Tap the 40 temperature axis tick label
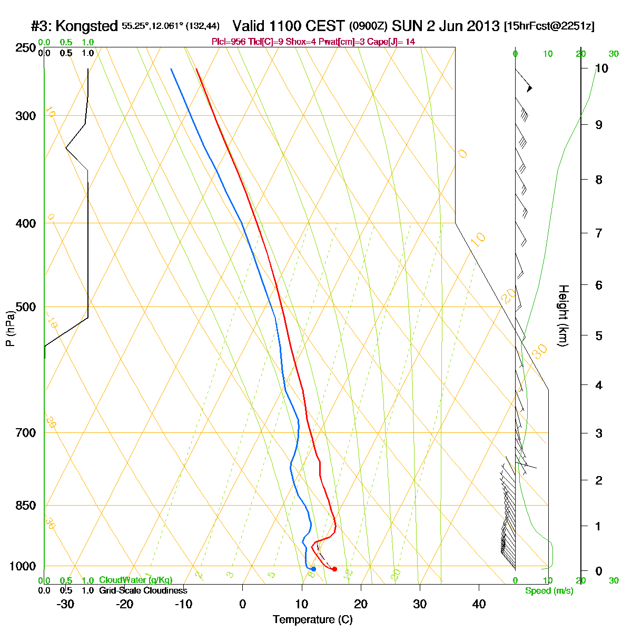[479, 604]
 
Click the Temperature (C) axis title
[313, 619]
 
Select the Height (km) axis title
[563, 315]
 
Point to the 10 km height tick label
[601, 68]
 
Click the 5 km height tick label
[598, 335]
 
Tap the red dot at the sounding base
[334, 569]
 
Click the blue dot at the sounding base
[313, 569]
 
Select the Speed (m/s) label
[549, 591]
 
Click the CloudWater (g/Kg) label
[135, 580]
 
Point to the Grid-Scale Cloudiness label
[143, 591]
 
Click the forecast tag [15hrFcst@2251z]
[549, 26]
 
